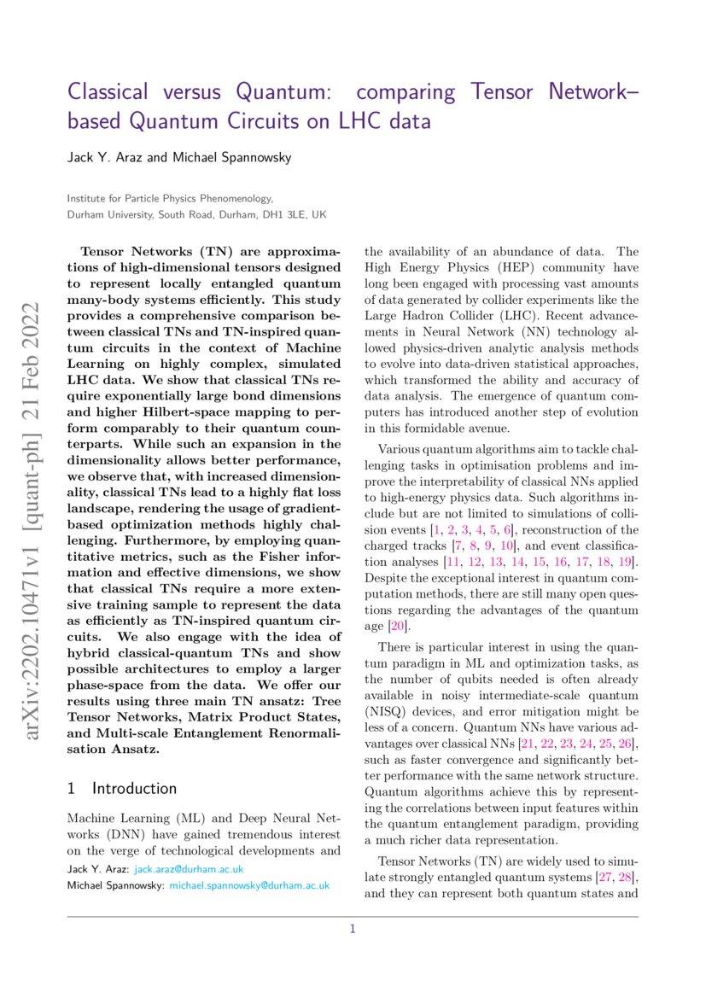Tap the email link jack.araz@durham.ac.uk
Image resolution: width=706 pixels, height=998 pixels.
188,869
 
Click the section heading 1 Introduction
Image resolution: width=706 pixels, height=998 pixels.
122,788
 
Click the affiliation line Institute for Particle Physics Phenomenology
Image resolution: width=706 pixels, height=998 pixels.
170,198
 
